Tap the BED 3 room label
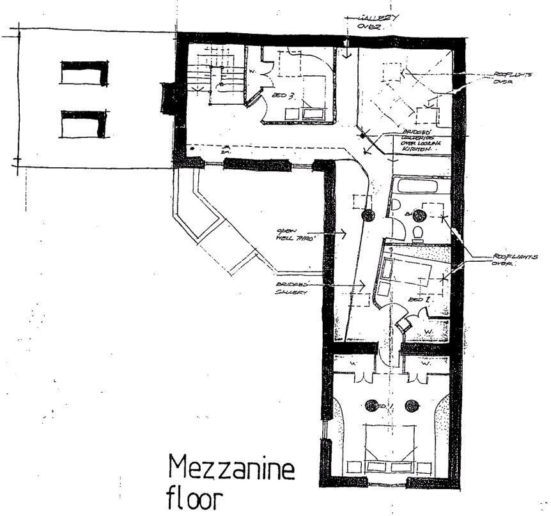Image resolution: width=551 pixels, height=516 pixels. (289, 96)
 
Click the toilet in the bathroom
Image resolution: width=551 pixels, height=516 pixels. (419, 232)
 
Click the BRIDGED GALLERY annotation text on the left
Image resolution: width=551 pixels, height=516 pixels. (293, 287)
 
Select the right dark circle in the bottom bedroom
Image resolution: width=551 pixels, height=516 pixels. (412, 405)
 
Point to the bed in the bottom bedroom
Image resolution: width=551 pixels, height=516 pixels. (392, 450)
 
